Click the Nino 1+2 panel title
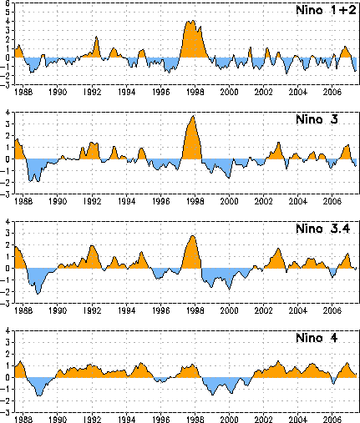(x=326, y=10)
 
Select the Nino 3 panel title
(x=317, y=119)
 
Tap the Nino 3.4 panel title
(x=323, y=229)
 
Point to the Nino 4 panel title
(x=317, y=338)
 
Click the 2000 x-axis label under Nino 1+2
(x=229, y=92)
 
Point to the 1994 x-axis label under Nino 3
(x=126, y=201)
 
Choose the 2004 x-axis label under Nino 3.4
(x=297, y=310)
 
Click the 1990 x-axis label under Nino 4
(x=58, y=420)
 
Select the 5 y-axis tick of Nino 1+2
(x=8, y=12)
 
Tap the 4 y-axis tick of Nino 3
(x=8, y=113)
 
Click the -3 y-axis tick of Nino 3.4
(x=5, y=304)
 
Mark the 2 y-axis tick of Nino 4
(x=8, y=354)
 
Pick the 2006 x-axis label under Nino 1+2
(x=332, y=92)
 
